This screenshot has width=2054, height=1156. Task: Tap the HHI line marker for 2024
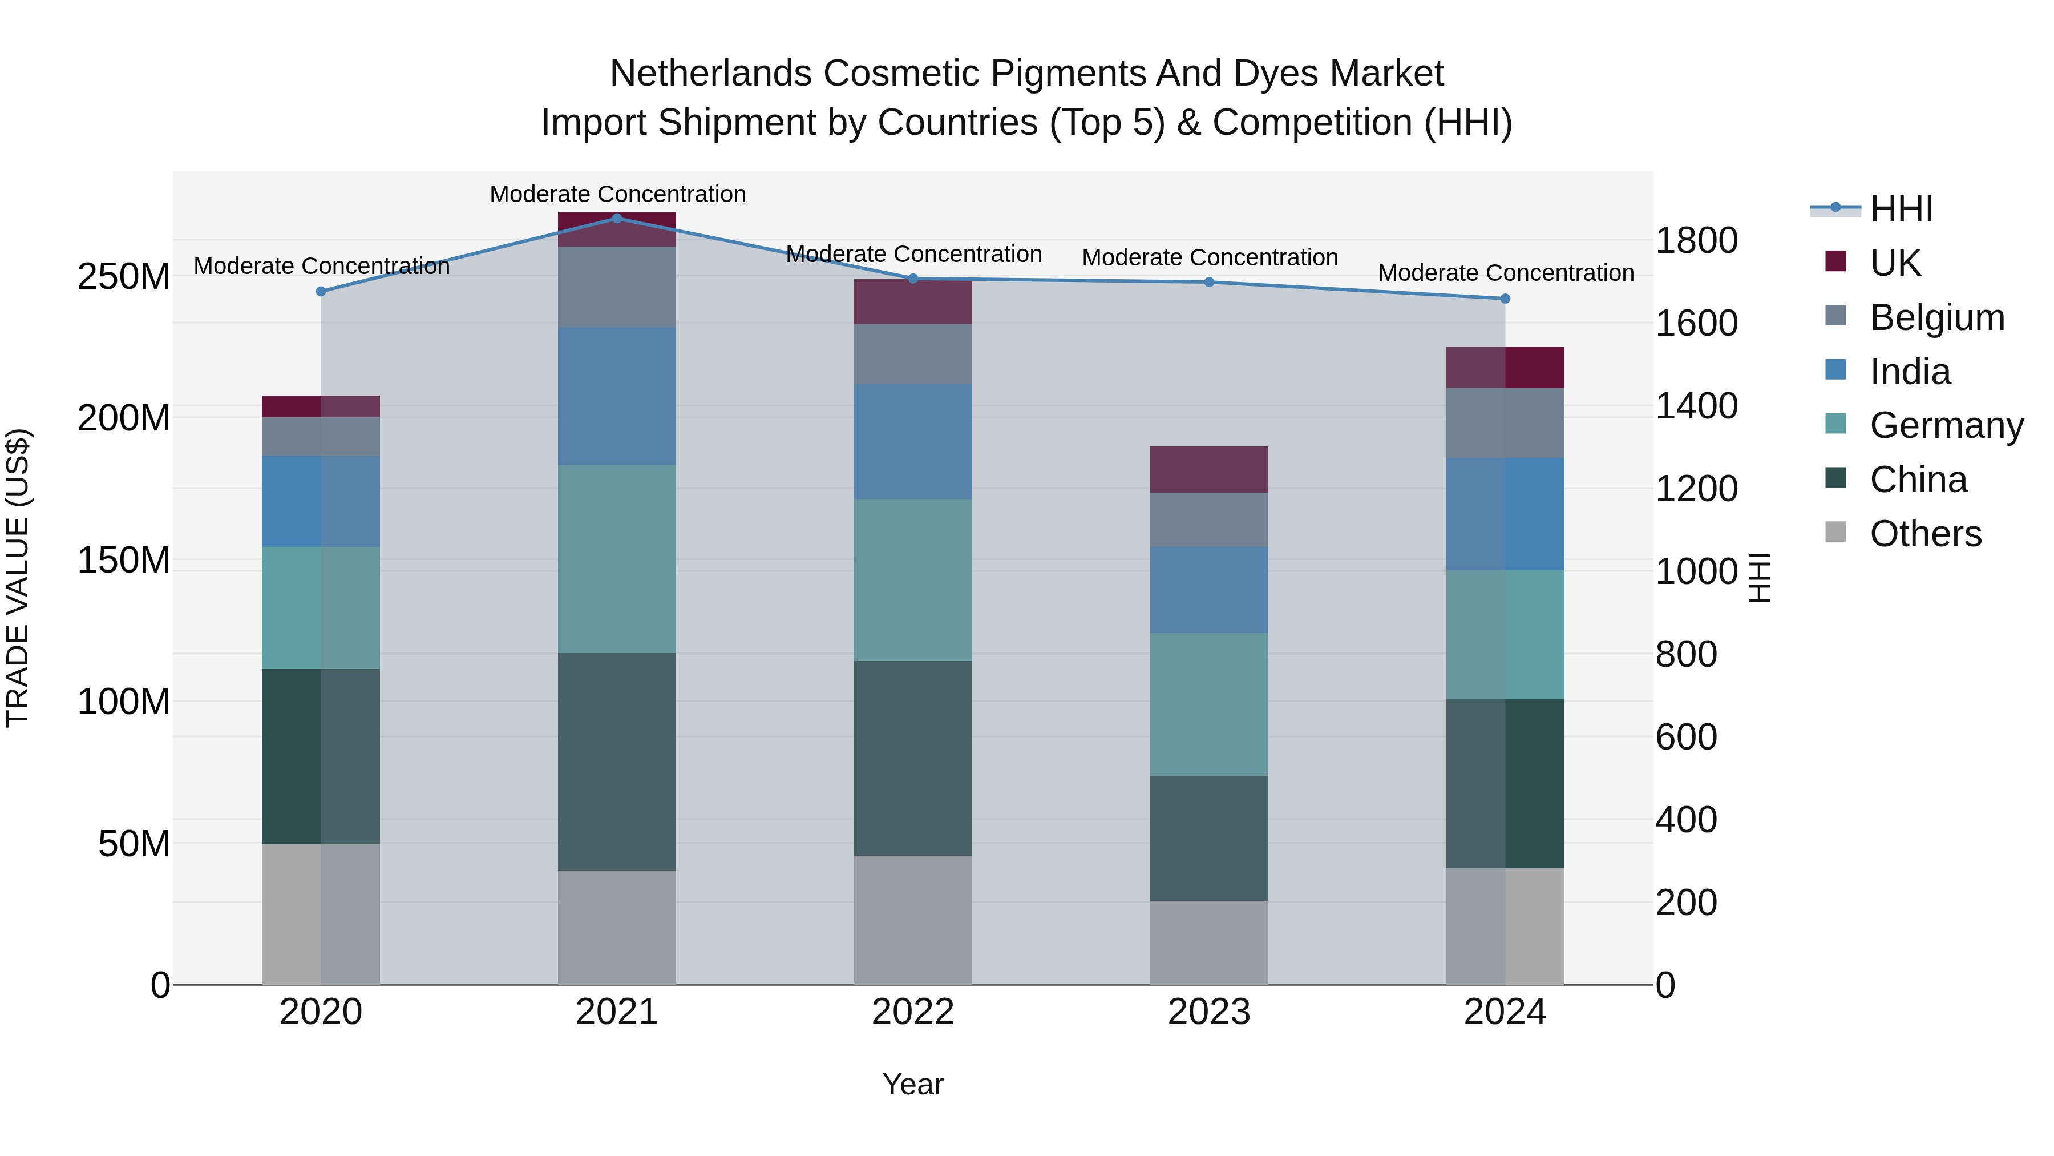tap(1505, 299)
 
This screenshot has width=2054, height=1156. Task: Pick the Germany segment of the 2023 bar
tap(1209, 704)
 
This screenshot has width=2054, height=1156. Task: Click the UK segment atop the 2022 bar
tap(913, 301)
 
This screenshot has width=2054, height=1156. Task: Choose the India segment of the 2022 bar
tap(913, 441)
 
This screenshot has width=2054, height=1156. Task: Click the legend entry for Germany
tap(1946, 425)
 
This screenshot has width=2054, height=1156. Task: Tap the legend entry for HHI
tap(1901, 209)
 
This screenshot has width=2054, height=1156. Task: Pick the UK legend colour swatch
tap(1835, 261)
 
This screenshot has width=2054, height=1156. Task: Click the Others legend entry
tap(1925, 534)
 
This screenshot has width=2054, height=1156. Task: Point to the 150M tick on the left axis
tap(124, 560)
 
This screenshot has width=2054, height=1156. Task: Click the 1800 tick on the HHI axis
tap(1696, 240)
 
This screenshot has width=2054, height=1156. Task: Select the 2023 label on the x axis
tap(1209, 1012)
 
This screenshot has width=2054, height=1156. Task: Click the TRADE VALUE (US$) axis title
tap(18, 578)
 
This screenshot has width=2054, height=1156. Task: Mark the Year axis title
tap(913, 1084)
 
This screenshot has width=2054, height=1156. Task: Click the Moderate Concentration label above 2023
tap(1209, 257)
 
